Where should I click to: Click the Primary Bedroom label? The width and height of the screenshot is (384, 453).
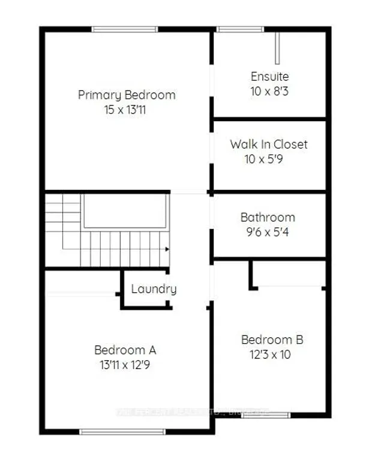pos(127,95)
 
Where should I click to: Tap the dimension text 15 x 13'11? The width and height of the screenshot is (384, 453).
pos(127,110)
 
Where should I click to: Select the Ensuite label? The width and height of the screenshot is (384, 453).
pos(269,77)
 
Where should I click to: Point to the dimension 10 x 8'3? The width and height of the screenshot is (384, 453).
pos(269,92)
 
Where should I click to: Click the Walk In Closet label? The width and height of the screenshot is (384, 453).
pos(269,144)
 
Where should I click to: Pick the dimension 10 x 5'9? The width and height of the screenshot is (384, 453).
pos(269,159)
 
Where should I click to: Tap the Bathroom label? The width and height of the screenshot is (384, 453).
pos(268,217)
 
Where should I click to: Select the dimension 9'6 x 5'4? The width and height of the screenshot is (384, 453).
pos(268,232)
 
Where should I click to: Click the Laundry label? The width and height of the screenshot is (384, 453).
pos(154,289)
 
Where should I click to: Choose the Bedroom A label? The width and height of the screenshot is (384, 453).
pos(125,350)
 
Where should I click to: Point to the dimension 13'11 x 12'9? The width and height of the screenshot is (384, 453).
pos(125,365)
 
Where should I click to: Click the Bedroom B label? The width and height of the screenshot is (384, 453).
pos(272,340)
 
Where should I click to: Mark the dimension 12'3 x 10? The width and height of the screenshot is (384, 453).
pos(272,355)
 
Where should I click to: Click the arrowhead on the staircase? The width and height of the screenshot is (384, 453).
pos(167,249)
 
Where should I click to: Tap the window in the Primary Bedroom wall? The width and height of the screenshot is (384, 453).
pos(125,29)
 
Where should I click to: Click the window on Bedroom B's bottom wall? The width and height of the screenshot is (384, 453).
pos(266,415)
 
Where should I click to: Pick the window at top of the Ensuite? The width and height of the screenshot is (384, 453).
pos(235,29)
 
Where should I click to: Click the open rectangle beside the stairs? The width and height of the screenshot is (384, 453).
pos(125,211)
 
